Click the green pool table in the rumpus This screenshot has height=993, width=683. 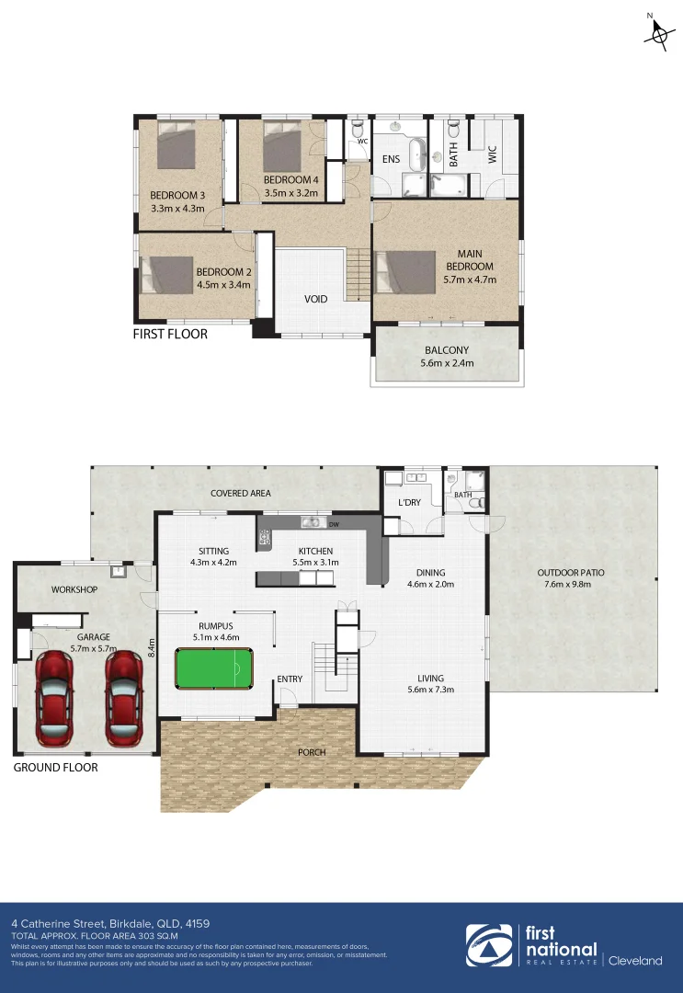(x=214, y=668)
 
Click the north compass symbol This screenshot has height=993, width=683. (x=657, y=32)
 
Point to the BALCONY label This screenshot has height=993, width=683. (x=447, y=350)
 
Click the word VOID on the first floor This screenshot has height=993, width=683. (x=317, y=300)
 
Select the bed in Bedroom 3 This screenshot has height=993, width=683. (x=176, y=148)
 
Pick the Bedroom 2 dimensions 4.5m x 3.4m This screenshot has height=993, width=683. (x=223, y=284)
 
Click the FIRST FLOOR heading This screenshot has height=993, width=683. (x=170, y=334)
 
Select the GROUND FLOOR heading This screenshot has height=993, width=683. (x=55, y=767)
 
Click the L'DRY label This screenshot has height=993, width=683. (x=409, y=505)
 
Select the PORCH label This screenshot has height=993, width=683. (x=312, y=752)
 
